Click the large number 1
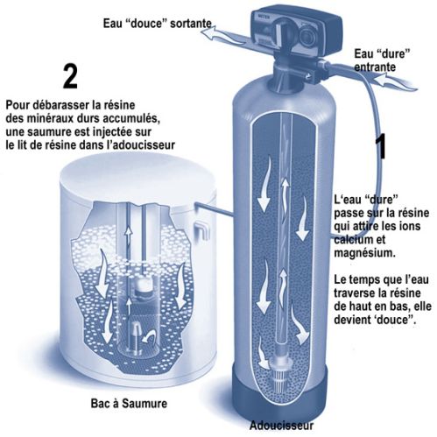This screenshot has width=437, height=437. click(380, 146)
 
